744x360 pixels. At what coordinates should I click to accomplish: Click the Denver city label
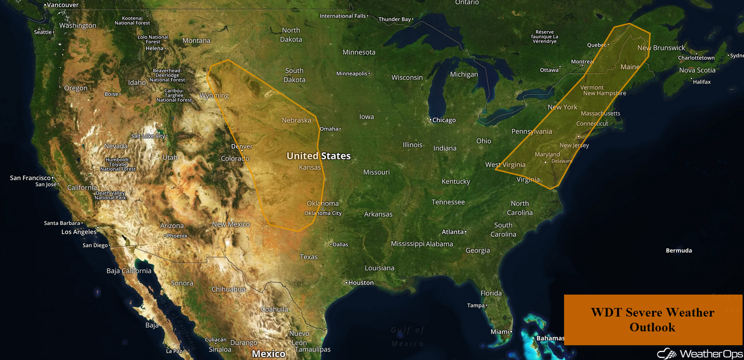(x=242, y=147)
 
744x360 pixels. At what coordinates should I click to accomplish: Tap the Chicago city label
(x=444, y=120)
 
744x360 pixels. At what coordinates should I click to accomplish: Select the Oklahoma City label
(x=323, y=213)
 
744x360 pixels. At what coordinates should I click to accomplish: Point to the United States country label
(x=318, y=156)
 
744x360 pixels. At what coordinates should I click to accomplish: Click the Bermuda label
(x=679, y=251)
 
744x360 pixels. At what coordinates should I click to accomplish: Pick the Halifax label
(x=702, y=82)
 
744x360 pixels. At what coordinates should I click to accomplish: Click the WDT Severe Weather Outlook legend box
(x=652, y=319)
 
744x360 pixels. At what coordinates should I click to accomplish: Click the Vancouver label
(x=63, y=5)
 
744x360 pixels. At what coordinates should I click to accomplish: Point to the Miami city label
(x=500, y=332)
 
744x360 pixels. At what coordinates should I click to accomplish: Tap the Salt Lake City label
(x=148, y=136)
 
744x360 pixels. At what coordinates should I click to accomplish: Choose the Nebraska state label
(x=296, y=120)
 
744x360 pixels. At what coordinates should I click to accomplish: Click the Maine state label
(x=629, y=67)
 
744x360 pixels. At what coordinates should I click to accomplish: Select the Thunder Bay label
(x=395, y=20)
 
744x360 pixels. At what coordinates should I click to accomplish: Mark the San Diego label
(x=95, y=245)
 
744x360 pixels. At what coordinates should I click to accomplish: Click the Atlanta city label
(x=452, y=232)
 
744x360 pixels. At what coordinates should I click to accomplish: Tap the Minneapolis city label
(x=352, y=74)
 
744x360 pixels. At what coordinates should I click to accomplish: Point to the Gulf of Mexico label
(x=407, y=337)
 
